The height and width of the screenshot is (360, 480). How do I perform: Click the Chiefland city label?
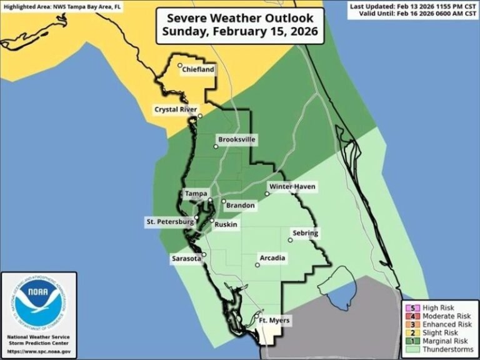[x=198, y=71]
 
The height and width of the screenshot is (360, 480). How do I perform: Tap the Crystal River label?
[x=176, y=109]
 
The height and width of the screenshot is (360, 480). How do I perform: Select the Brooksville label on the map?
[x=237, y=140]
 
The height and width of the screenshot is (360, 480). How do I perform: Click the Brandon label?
[x=240, y=205]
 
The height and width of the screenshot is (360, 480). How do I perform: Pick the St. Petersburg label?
[x=169, y=221]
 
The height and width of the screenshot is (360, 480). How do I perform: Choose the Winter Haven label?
[x=292, y=187]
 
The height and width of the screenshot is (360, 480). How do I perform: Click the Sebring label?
[x=306, y=233]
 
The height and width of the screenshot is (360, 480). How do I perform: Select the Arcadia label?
[x=272, y=257]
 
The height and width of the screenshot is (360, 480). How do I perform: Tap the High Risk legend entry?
[x=439, y=308]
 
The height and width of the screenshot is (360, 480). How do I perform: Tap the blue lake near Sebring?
[x=341, y=288]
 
